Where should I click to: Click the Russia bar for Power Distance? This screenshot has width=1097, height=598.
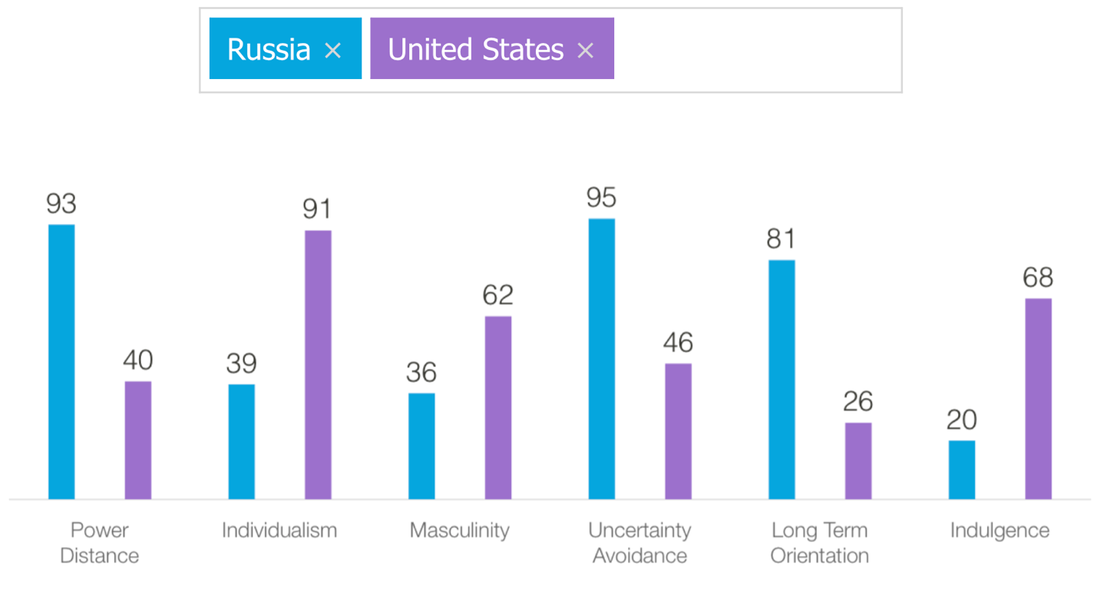[x=61, y=362]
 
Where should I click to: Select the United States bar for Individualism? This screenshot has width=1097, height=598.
[x=318, y=365]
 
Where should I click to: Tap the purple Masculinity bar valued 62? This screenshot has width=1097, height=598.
[x=497, y=408]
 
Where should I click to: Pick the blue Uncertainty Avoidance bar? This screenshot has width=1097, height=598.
[x=601, y=358]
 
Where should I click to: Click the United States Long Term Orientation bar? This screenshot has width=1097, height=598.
[x=858, y=461]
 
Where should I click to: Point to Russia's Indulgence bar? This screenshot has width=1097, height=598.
[x=961, y=470]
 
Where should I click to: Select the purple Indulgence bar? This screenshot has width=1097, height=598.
[x=1038, y=398]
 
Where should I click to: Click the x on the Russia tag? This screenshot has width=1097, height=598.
[x=332, y=51]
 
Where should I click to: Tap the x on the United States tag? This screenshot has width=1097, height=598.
[x=585, y=51]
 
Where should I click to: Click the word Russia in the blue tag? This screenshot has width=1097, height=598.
[x=269, y=50]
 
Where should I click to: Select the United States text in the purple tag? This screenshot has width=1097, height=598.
[x=475, y=50]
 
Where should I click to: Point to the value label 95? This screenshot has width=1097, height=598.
[x=601, y=198]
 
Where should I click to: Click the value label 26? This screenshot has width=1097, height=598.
[x=858, y=401]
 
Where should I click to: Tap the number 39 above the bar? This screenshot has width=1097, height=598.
[x=241, y=363]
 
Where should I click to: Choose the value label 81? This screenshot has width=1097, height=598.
[x=781, y=240]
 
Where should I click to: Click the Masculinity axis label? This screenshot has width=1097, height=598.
[x=459, y=530]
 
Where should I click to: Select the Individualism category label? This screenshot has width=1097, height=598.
[x=279, y=530]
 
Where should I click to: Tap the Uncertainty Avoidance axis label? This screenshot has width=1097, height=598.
[x=639, y=542]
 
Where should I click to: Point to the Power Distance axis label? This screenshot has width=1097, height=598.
[x=99, y=542]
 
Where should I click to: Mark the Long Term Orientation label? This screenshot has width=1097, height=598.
[x=819, y=542]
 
